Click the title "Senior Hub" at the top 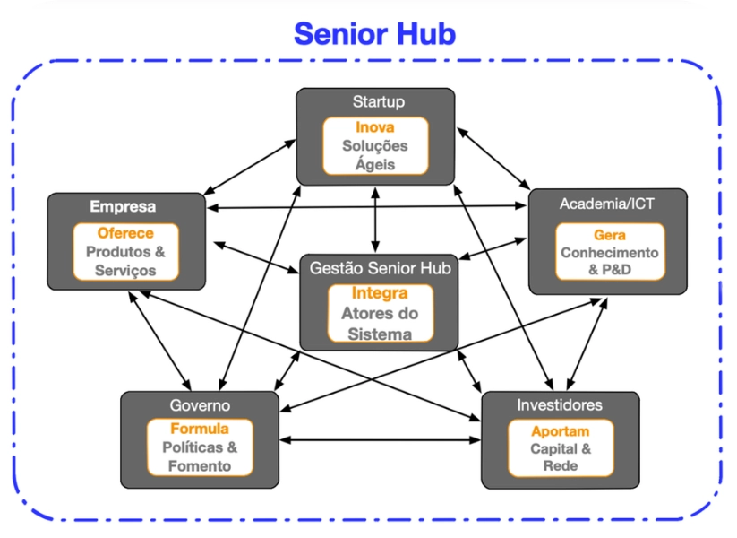pyautogui.click(x=374, y=34)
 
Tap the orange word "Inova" pyautogui.click(x=374, y=127)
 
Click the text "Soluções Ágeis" pyautogui.click(x=374, y=155)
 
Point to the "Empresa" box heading pyautogui.click(x=123, y=206)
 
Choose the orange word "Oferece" pyautogui.click(x=125, y=233)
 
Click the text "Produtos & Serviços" pyautogui.click(x=125, y=261)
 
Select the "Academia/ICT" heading pyautogui.click(x=607, y=204)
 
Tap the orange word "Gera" pyautogui.click(x=609, y=235)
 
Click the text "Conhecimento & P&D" pyautogui.click(x=609, y=261)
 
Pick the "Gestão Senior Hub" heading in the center pyautogui.click(x=380, y=267)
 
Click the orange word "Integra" pyautogui.click(x=380, y=293)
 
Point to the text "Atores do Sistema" pyautogui.click(x=380, y=324)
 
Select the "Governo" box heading pyautogui.click(x=200, y=405)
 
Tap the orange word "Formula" pyautogui.click(x=200, y=429)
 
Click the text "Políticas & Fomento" pyautogui.click(x=200, y=456)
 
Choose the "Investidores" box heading pyautogui.click(x=560, y=405)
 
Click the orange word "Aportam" pyautogui.click(x=561, y=431)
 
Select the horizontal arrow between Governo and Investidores pyautogui.click(x=380, y=439)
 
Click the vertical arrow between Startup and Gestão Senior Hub pyautogui.click(x=375, y=219)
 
